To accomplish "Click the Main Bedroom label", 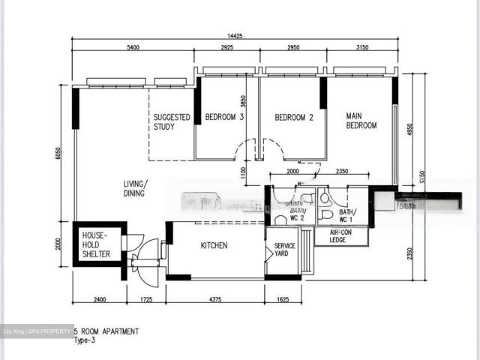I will point(361,121).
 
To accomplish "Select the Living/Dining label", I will point(136,188).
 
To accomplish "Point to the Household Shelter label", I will point(96,244).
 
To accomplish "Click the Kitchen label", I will point(214,246).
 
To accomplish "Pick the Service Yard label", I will point(284,250).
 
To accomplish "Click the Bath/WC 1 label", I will point(348,217).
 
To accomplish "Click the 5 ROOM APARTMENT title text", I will point(106,331).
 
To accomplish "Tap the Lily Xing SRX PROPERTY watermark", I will point(37,331).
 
